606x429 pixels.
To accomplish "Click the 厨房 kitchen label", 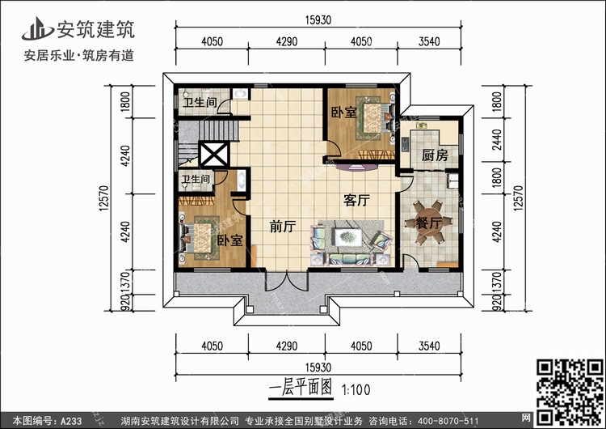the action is tap(435, 155).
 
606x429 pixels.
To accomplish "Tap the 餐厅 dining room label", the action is tap(428, 223).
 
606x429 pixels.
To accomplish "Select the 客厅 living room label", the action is tap(356, 200).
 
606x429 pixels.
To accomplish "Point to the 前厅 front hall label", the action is tap(283, 227).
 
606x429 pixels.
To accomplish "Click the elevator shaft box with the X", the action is tap(214, 155).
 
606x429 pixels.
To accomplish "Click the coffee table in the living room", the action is tap(348, 237).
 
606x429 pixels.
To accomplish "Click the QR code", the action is tap(570, 392).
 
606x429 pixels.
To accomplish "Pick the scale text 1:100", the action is tap(356, 390).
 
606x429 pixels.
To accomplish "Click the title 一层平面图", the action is tap(301, 388).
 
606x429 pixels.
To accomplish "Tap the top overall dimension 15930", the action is tap(318, 20).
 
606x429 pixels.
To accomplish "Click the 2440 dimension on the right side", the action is tap(497, 140).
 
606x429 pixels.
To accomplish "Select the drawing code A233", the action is tap(71, 421).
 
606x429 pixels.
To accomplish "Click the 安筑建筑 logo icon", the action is tap(37, 29).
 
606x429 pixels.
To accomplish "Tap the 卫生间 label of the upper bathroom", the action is tap(200, 102).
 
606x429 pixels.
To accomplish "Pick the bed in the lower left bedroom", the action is tap(199, 238).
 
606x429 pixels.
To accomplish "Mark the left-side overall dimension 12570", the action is tap(104, 198).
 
